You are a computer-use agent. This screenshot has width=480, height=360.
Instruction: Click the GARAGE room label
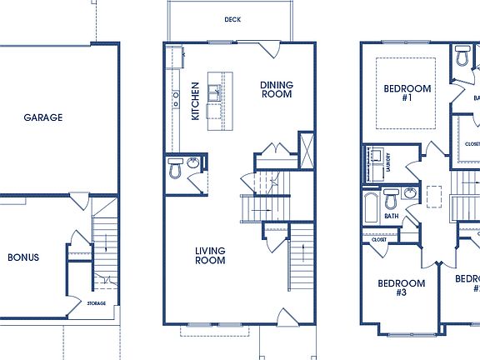tap(42, 117)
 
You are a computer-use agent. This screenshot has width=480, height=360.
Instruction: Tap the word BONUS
tap(23, 257)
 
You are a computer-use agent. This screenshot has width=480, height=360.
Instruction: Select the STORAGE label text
tap(97, 303)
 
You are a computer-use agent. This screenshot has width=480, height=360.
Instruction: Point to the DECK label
tap(232, 19)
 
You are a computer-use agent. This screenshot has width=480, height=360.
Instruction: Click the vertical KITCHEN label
tap(195, 101)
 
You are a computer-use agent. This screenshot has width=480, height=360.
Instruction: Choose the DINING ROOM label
tap(276, 89)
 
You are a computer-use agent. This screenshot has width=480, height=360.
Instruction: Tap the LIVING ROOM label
tap(210, 255)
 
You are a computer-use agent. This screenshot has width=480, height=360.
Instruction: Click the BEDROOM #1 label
tap(407, 92)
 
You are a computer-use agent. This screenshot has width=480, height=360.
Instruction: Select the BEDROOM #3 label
tap(402, 287)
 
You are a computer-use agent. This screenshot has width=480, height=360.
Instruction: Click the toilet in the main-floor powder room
tap(175, 170)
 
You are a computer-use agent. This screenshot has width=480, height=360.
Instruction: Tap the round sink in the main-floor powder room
tap(192, 163)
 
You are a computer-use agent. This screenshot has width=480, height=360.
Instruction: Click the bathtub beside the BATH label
tap(371, 204)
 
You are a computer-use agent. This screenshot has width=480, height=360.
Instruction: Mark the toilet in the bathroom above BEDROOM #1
tap(462, 57)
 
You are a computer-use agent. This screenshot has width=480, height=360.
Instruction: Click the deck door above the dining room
tap(268, 48)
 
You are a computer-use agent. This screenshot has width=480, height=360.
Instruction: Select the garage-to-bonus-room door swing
tap(80, 201)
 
